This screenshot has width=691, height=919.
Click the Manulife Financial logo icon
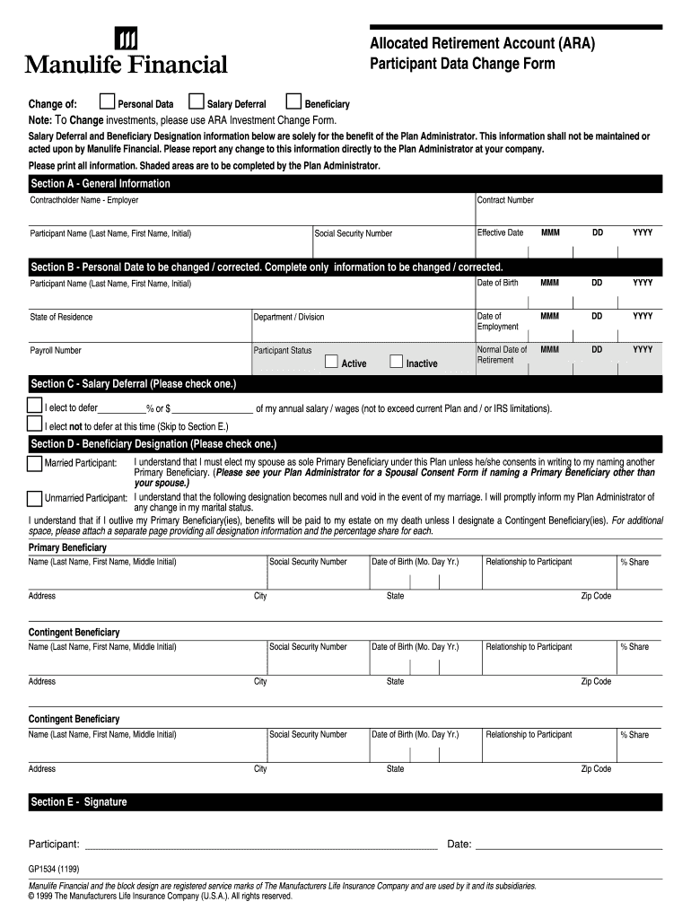pyautogui.click(x=127, y=39)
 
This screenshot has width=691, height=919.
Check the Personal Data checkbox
pyautogui.click(x=107, y=101)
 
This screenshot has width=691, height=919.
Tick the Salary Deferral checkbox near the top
pyautogui.click(x=198, y=101)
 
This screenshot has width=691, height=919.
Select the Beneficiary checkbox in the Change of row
pyautogui.click(x=293, y=101)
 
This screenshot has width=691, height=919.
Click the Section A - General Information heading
pyautogui.click(x=101, y=184)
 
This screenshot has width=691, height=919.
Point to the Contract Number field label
pyautogui.click(x=505, y=200)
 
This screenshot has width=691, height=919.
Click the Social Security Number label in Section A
pyautogui.click(x=353, y=233)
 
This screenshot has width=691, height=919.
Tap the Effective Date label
pyautogui.click(x=500, y=232)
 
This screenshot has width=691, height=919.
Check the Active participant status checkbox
pyautogui.click(x=331, y=362)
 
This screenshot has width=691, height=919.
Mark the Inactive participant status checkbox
pyautogui.click(x=396, y=362)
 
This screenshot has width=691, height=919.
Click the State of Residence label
pyautogui.click(x=61, y=317)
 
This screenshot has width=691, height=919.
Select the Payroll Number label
pyautogui.click(x=56, y=351)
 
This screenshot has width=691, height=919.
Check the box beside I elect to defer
pyautogui.click(x=35, y=406)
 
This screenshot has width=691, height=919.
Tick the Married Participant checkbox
pyautogui.click(x=35, y=463)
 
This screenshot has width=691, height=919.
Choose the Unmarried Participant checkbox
pyautogui.click(x=35, y=498)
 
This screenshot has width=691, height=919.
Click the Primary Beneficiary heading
pyautogui.click(x=67, y=547)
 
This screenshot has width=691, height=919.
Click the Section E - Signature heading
pyautogui.click(x=79, y=802)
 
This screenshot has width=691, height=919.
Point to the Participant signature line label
pyautogui.click(x=54, y=845)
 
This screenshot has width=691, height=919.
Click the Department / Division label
pyautogui.click(x=289, y=317)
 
